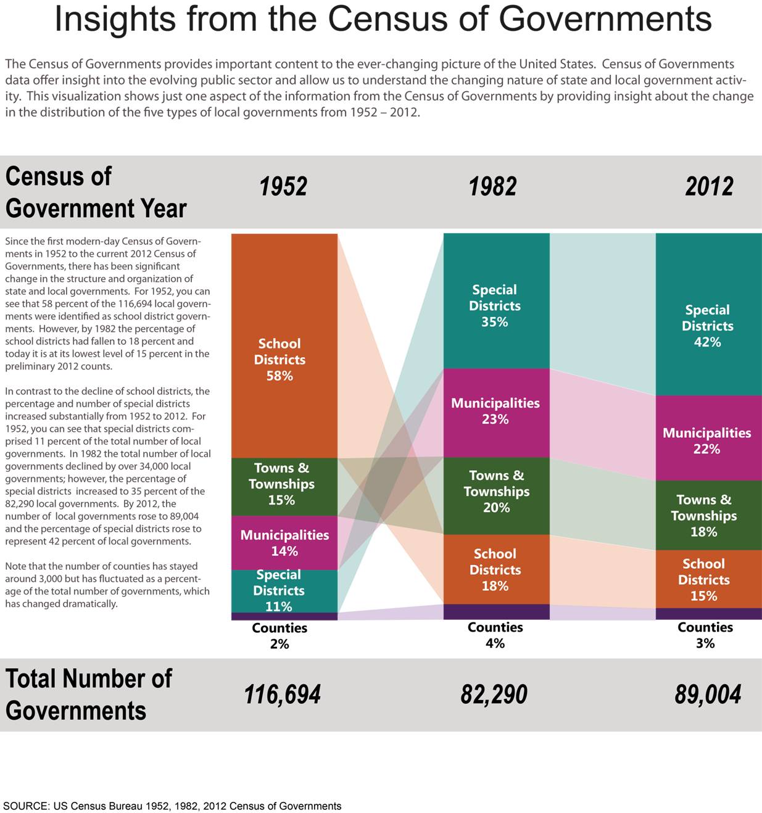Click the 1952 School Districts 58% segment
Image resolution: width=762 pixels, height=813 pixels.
pyautogui.click(x=284, y=346)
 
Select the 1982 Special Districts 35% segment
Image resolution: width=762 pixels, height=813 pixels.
pyautogui.click(x=497, y=301)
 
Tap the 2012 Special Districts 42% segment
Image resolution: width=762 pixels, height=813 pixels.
pyautogui.click(x=709, y=315)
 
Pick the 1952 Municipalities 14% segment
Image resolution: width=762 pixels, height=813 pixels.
pyautogui.click(x=284, y=543)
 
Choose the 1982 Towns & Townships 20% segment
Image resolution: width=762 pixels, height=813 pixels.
pyautogui.click(x=497, y=496)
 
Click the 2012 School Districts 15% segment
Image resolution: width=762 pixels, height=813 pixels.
pyautogui.click(x=709, y=579)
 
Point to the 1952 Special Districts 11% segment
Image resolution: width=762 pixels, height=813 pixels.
pyautogui.click(x=284, y=591)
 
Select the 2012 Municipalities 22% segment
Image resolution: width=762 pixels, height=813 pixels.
pyautogui.click(x=709, y=438)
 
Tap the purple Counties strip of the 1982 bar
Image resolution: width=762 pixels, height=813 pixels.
pyautogui.click(x=497, y=611)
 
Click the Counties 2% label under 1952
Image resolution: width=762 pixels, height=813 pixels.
pyautogui.click(x=280, y=636)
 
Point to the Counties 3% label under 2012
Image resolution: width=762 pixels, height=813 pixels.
pyautogui.click(x=705, y=635)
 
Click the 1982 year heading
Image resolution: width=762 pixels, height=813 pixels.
pyautogui.click(x=492, y=186)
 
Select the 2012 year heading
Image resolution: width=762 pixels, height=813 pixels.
pyautogui.click(x=709, y=186)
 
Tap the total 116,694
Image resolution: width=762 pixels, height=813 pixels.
pyautogui.click(x=282, y=695)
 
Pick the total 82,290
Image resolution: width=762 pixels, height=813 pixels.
pyautogui.click(x=494, y=695)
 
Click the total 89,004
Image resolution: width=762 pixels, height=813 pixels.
pyautogui.click(x=708, y=695)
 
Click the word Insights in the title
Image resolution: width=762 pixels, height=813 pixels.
pyautogui.click(x=115, y=20)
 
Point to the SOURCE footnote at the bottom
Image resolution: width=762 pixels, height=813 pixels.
pyautogui.click(x=172, y=806)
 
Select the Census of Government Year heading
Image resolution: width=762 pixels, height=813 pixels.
pyautogui.click(x=96, y=192)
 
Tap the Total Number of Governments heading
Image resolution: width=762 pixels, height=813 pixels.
pyautogui.click(x=88, y=695)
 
